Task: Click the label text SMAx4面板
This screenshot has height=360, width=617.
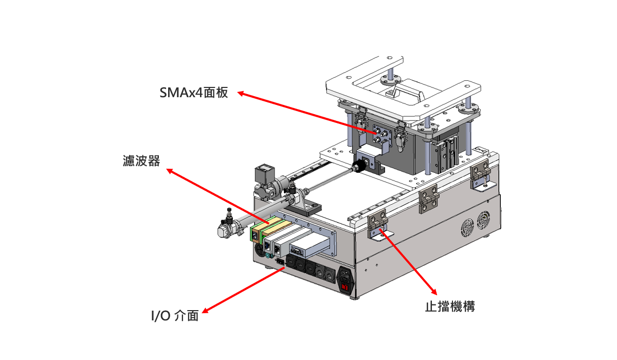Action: (194, 93)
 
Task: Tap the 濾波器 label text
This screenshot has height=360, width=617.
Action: (141, 161)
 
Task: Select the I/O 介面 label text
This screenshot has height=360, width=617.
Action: (175, 316)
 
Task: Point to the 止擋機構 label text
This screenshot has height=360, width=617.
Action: (450, 307)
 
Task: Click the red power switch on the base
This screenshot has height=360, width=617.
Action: (344, 287)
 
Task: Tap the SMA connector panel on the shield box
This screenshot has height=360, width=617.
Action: (382, 135)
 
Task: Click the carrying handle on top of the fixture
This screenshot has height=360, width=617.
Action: (406, 89)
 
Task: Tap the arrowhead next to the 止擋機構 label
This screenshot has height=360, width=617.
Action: (434, 292)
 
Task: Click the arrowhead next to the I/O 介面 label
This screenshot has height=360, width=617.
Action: (205, 311)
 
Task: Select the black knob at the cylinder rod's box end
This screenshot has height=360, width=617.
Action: (359, 166)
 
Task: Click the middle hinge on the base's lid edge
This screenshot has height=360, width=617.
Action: (429, 199)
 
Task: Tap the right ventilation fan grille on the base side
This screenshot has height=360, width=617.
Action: (483, 220)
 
